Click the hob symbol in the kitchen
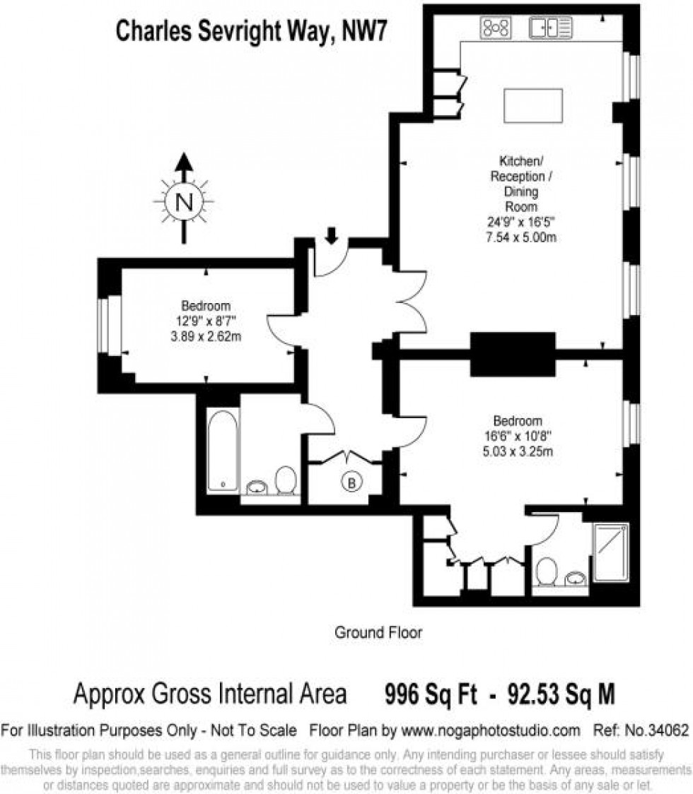[496, 28]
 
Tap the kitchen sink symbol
[551, 28]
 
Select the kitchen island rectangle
[533, 105]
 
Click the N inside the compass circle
[184, 202]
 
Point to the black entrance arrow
[332, 235]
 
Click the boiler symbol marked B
[351, 482]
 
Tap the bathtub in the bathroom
[223, 451]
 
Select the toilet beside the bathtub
[286, 480]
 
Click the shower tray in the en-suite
[612, 552]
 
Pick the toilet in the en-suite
[547, 571]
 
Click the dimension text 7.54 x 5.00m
[521, 237]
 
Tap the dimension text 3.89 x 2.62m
[206, 336]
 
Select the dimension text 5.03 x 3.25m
[518, 451]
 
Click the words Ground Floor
[378, 632]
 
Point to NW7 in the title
[365, 31]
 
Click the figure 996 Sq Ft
[431, 694]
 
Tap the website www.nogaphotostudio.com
[491, 730]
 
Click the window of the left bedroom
[110, 324]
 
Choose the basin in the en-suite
[576, 579]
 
